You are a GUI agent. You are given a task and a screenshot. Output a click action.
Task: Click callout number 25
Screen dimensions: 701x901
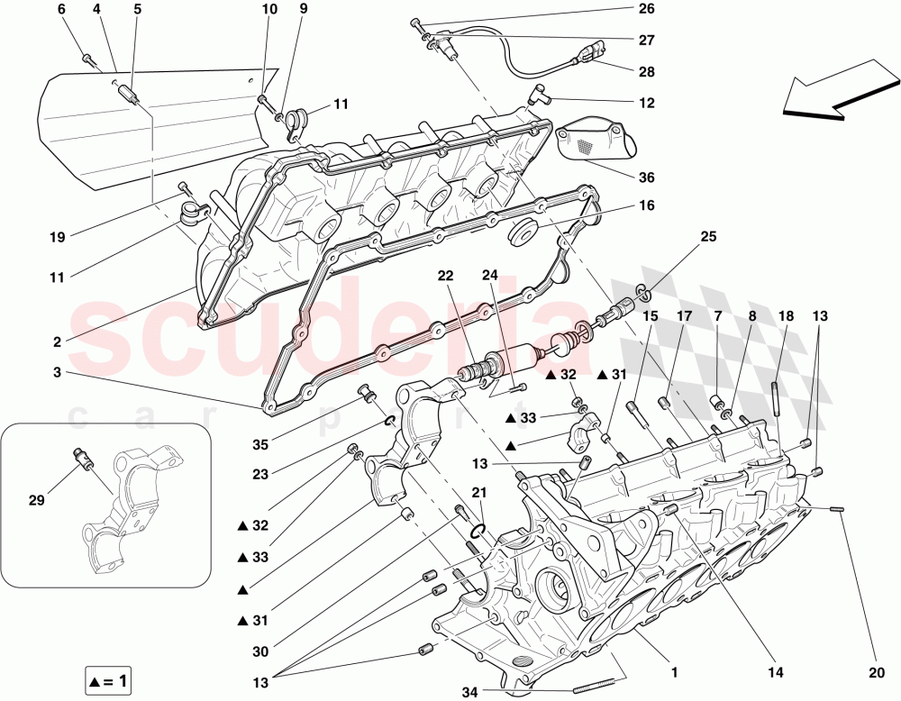coord(708,236)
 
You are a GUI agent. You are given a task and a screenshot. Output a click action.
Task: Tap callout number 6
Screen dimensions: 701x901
coord(61,10)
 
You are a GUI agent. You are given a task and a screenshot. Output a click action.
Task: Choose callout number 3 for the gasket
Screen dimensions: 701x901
coord(57,372)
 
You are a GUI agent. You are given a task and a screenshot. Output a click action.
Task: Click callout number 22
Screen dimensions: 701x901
coord(445,276)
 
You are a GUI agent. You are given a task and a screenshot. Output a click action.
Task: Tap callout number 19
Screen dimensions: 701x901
coord(57,238)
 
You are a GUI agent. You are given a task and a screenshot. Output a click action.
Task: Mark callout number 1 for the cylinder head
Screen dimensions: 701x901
coord(672,671)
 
